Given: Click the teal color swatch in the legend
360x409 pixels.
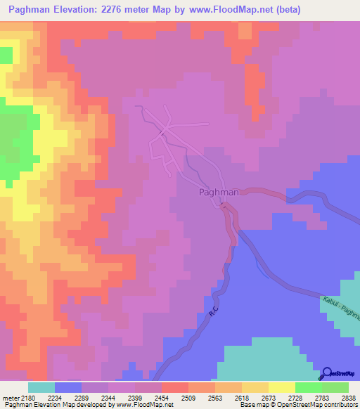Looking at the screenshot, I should [x=41, y=387].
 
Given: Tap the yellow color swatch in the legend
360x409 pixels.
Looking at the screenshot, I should [x=282, y=387].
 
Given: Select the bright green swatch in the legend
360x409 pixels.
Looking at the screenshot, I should [x=309, y=387].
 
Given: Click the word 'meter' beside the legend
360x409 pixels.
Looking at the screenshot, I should [x=11, y=397].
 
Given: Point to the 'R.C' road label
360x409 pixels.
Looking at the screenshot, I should [x=214, y=309].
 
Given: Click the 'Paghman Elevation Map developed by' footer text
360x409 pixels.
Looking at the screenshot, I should [x=58, y=405].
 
